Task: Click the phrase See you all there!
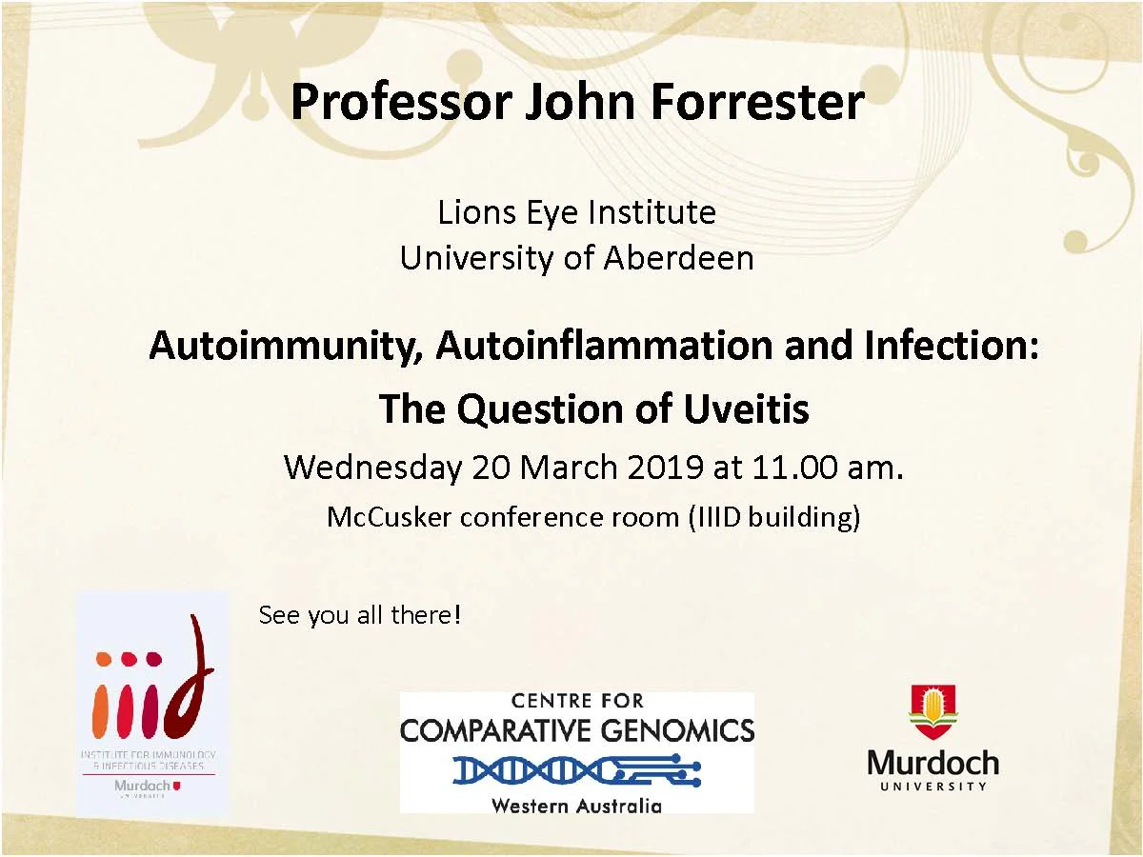click(x=359, y=615)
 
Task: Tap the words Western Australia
click(x=576, y=805)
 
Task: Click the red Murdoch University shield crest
click(x=933, y=712)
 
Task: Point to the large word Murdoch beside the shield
click(x=933, y=763)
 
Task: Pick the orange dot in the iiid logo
click(x=103, y=658)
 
